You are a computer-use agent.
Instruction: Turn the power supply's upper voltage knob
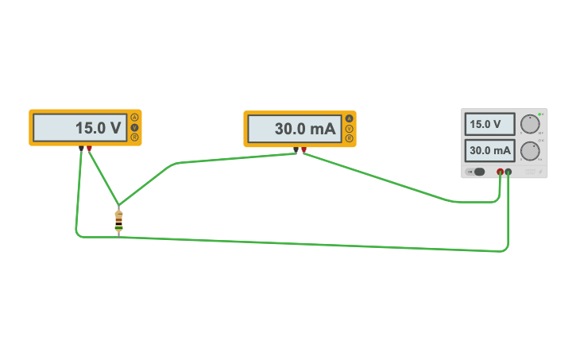point(529,124)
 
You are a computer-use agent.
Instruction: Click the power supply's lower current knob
point(529,151)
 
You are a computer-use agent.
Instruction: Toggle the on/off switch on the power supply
point(477,172)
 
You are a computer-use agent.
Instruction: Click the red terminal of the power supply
point(500,172)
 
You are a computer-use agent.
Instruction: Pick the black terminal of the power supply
point(508,172)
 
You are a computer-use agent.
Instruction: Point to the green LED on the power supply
point(539,114)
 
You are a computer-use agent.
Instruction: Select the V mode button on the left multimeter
point(135,127)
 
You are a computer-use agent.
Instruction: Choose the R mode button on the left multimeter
point(135,137)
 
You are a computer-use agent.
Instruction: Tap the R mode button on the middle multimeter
point(350,138)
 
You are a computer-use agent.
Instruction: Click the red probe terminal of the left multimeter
point(89,149)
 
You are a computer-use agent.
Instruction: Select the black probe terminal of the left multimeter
point(81,149)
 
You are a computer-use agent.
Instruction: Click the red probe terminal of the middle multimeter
point(303,149)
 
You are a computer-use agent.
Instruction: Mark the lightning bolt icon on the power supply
point(540,172)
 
